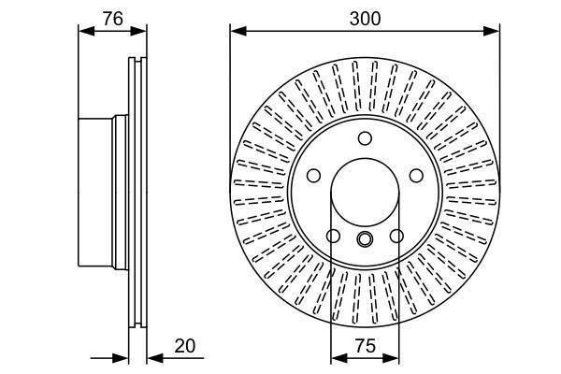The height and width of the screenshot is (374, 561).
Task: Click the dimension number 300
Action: click(x=365, y=19)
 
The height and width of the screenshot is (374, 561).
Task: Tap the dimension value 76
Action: click(x=113, y=19)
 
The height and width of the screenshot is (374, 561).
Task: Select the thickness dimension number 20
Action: click(x=185, y=346)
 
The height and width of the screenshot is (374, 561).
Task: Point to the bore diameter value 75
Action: click(x=366, y=346)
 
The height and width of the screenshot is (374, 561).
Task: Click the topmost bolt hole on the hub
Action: click(x=365, y=138)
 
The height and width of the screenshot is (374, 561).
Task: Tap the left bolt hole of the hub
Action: click(x=314, y=176)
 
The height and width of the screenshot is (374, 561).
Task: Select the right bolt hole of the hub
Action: click(x=416, y=176)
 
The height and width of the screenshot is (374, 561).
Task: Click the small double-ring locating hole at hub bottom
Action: click(x=365, y=238)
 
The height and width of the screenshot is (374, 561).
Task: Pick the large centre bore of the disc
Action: click(x=365, y=193)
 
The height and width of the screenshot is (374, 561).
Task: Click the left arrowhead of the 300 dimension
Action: click(x=238, y=31)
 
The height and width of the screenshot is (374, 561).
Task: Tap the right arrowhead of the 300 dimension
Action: click(x=492, y=31)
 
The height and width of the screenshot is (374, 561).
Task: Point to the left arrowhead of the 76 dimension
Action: click(x=87, y=31)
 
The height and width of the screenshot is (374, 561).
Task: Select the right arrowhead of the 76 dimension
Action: click(x=138, y=31)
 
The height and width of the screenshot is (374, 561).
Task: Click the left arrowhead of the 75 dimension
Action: click(x=339, y=358)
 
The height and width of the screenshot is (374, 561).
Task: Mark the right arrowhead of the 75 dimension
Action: click(x=391, y=358)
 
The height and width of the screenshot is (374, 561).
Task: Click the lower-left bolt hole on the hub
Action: click(x=333, y=236)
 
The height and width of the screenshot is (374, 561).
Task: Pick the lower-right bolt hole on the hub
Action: click(x=396, y=236)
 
